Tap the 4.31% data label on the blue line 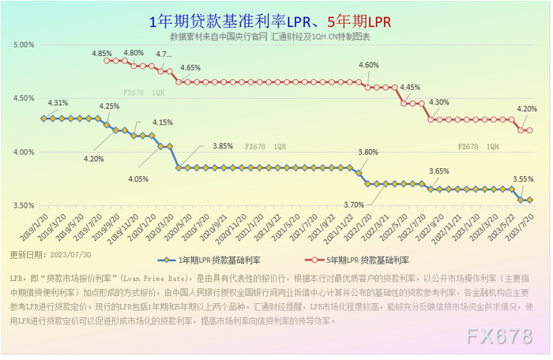pos(58,103)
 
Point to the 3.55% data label pos(523,179)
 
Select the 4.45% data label pos(410,88)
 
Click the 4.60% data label pos(369,66)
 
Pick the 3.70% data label pos(355,204)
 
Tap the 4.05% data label pos(138,179)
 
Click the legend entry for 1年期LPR pos(209,260)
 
